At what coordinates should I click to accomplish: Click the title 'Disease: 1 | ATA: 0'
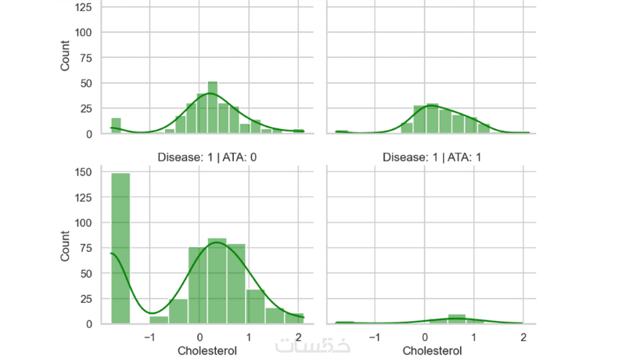point(208,157)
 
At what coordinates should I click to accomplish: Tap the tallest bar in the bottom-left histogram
point(120,248)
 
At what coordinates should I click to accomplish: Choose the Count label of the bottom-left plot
point(65,247)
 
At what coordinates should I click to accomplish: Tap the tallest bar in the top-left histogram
point(212,108)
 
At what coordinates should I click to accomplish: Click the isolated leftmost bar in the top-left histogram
point(116,126)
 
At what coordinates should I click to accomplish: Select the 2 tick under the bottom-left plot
point(297,337)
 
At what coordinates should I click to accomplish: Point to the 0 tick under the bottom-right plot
point(425,337)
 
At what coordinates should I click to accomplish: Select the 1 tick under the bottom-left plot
point(249,337)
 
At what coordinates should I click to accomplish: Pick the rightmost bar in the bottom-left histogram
point(294,318)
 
